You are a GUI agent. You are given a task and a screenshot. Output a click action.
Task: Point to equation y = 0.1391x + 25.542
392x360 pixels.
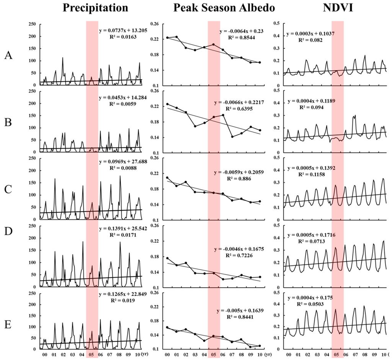[123, 229]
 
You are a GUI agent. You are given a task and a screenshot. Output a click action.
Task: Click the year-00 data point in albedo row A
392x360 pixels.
[167, 38]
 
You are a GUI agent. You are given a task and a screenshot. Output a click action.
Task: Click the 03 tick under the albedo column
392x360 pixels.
[195, 355]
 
